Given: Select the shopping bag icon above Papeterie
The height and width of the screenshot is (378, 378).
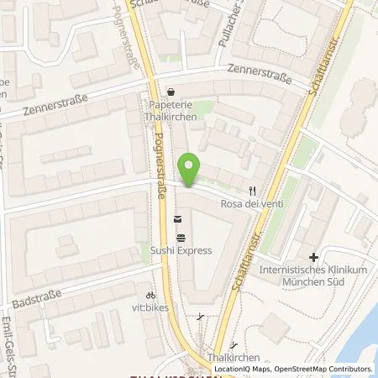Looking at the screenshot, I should coord(172,92).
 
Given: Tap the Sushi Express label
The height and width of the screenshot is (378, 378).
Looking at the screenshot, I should coord(181,250).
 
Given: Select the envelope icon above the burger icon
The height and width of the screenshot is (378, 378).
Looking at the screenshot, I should coord(178,220).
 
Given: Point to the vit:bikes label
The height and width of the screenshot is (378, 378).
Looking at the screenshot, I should coord(150,308).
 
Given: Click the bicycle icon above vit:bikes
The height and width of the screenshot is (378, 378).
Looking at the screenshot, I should coord(150,296).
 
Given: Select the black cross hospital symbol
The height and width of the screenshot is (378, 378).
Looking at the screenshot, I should coord(313,257).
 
